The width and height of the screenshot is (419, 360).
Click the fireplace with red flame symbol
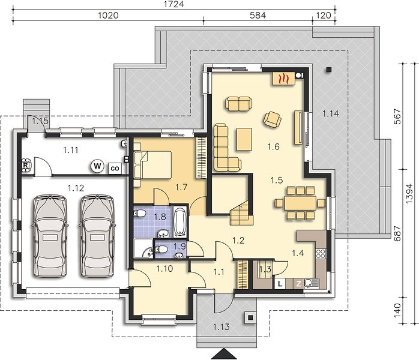pyautogui.click(x=283, y=79)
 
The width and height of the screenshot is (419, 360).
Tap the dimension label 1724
pyautogui.click(x=173, y=4)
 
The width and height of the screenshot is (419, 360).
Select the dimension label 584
pyautogui.click(x=258, y=16)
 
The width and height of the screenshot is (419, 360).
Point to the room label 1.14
pyautogui.click(x=331, y=113)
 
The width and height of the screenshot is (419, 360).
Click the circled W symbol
pyautogui.click(x=97, y=166)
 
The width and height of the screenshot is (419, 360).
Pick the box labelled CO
pyautogui.click(x=115, y=169)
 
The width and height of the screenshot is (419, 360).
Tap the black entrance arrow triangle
pyautogui.click(x=224, y=354)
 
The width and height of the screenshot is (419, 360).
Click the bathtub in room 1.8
pyautogui.click(x=179, y=222)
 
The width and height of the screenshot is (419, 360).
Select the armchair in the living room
pyautogui.click(x=273, y=119)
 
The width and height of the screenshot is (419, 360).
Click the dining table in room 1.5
pyautogui.click(x=300, y=203)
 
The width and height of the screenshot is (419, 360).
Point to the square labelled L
pyautogui.click(x=280, y=284)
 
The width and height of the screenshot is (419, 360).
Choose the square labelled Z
pyautogui.click(x=298, y=284)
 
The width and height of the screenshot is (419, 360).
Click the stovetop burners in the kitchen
pyautogui.click(x=321, y=253)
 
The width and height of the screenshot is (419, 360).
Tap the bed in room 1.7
pyautogui.click(x=152, y=165)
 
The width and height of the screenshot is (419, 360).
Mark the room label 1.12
pyautogui.click(x=76, y=188)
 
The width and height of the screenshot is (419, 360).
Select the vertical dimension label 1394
pyautogui.click(x=409, y=193)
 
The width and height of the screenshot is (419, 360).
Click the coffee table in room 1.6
pyautogui.click(x=244, y=139)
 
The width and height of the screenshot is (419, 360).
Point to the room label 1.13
pyautogui.click(x=222, y=326)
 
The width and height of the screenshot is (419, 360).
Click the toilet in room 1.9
pyautogui.click(x=161, y=250)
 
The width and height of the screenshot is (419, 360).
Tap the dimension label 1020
pyautogui.click(x=108, y=16)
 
